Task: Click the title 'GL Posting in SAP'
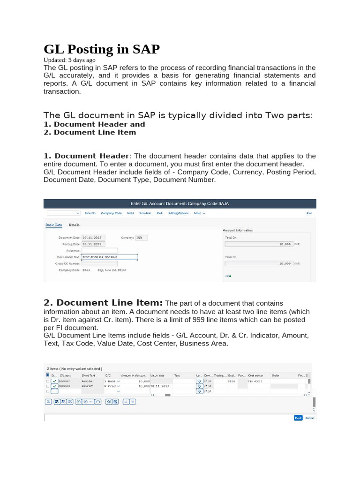click(x=102, y=49)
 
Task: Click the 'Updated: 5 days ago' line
click(x=69, y=60)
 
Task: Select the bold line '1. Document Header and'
click(x=94, y=124)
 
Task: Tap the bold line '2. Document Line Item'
click(x=90, y=132)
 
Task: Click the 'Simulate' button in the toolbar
click(x=145, y=213)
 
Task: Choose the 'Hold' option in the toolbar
click(x=130, y=213)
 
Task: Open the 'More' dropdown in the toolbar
click(x=199, y=213)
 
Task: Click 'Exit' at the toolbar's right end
click(x=309, y=213)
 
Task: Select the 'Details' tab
click(x=74, y=225)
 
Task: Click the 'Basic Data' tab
click(x=53, y=225)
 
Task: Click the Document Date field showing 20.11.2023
click(x=94, y=238)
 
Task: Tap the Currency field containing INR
click(x=142, y=238)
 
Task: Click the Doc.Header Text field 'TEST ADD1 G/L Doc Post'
click(x=110, y=257)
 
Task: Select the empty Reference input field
click(x=100, y=250)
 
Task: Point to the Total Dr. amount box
click(x=259, y=244)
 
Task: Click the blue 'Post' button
click(x=298, y=418)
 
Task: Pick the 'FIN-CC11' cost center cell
click(x=255, y=382)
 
